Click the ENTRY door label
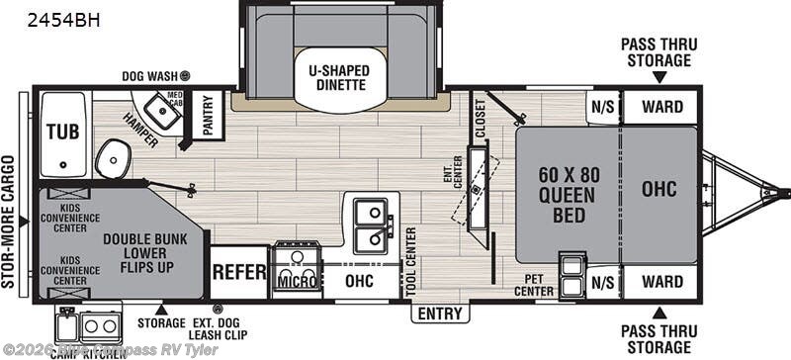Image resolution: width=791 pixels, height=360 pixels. pyautogui.click(x=440, y=314)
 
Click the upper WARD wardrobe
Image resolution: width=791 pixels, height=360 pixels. pyautogui.click(x=661, y=107)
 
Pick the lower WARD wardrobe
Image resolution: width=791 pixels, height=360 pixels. pyautogui.click(x=661, y=281)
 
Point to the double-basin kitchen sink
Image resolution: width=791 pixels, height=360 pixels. pyautogui.click(x=371, y=225)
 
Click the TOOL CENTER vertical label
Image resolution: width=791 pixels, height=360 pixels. pyautogui.click(x=409, y=260)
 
